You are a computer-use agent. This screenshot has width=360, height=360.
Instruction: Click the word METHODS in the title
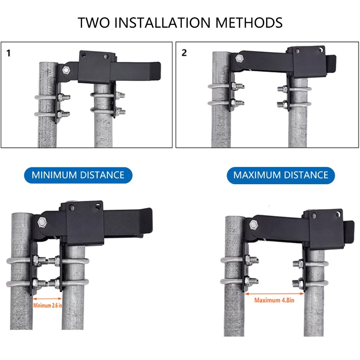click(x=249, y=22)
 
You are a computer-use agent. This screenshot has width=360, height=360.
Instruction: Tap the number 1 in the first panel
click(x=8, y=53)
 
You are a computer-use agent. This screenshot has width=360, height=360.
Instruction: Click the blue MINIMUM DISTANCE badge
click(x=78, y=175)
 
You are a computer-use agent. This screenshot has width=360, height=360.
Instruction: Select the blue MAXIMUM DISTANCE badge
click(x=281, y=175)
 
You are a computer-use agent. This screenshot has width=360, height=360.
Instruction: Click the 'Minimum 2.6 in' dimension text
click(x=48, y=305)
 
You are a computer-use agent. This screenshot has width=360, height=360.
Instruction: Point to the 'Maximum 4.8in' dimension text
click(x=274, y=300)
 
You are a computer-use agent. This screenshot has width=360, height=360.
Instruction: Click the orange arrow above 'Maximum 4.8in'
click(x=274, y=293)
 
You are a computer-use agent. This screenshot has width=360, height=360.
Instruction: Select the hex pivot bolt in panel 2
click(x=239, y=58)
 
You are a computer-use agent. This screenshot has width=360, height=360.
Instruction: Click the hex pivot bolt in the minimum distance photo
click(x=42, y=222)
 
